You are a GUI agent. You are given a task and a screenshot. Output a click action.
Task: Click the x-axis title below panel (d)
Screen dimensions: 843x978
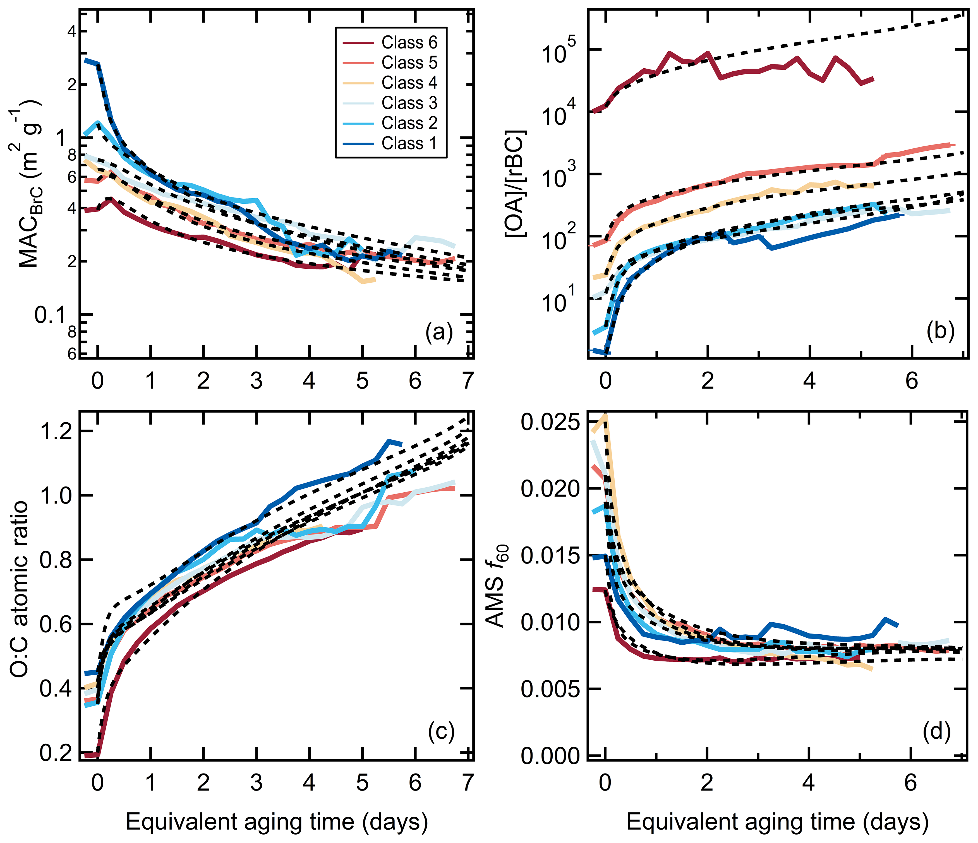777,822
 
